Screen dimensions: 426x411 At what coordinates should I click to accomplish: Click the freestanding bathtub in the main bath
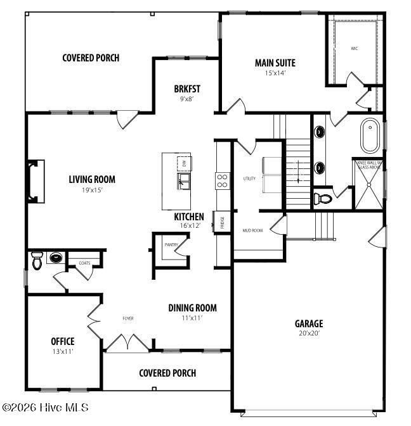pos(369,135)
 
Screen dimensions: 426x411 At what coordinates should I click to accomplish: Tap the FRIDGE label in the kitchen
pos(223,222)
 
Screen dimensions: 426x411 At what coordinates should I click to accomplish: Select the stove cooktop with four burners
pos(223,181)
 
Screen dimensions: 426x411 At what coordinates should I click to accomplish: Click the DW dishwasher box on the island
pos(184,163)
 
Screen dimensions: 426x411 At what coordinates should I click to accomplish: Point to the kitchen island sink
pos(185,183)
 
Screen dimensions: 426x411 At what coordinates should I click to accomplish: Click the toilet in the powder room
pos(37,260)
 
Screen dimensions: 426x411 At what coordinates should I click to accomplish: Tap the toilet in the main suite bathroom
pos(324,198)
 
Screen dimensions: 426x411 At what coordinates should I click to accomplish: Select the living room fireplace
pos(35,182)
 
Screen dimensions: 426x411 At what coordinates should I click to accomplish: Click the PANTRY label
pos(171,244)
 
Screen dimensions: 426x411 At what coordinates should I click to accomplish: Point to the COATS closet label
pos(84,262)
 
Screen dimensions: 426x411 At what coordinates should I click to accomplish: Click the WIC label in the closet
pos(354,48)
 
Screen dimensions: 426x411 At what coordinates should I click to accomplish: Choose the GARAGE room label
pos(308,323)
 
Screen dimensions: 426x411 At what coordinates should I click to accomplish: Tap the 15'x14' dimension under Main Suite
pos(275,73)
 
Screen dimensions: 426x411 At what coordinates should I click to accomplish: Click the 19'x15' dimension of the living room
pos(92,189)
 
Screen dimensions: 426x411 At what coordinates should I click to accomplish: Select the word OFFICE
pos(63,341)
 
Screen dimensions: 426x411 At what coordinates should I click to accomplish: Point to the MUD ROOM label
pos(252,230)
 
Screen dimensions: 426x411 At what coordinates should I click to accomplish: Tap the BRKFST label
pos(187,89)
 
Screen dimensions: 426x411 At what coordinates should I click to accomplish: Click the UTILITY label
pos(249,179)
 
